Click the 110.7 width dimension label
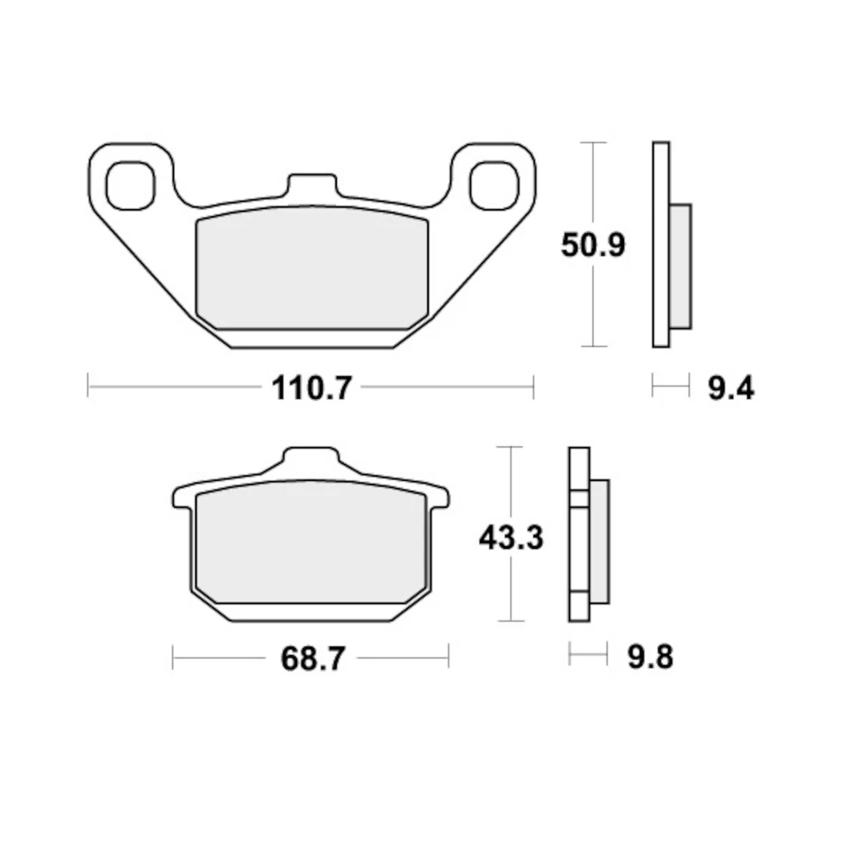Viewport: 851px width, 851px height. [311, 387]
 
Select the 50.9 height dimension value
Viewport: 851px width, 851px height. [593, 245]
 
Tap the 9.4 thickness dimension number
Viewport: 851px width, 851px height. [730, 387]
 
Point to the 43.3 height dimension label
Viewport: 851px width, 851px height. [511, 537]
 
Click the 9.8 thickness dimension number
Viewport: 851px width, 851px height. [650, 658]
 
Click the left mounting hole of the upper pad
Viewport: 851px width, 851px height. [129, 185]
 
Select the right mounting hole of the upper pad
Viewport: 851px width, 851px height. [494, 185]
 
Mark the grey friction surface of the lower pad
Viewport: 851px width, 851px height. [310, 543]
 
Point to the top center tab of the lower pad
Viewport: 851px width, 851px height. [310, 459]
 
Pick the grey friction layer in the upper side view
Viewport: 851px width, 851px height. [680, 265]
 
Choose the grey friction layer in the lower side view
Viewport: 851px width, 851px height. [598, 541]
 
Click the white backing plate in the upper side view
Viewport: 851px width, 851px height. [660, 244]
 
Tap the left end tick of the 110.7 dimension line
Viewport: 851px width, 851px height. [89, 386]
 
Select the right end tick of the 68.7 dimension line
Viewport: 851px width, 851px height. [449, 657]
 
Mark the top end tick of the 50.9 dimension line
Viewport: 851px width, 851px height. [592, 142]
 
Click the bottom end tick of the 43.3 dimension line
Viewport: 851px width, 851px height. [511, 621]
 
